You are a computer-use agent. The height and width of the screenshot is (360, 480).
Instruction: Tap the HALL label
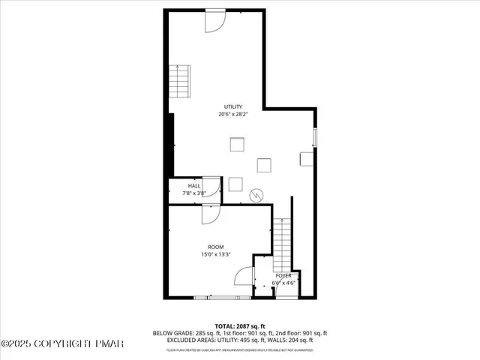tap(194, 185)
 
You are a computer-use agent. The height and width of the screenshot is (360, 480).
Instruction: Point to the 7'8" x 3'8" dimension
tap(194, 193)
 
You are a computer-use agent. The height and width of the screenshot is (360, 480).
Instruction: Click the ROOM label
tap(215, 247)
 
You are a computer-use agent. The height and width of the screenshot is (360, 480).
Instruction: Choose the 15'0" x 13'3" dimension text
tap(215, 254)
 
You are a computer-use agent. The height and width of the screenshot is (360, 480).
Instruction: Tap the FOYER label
tap(283, 276)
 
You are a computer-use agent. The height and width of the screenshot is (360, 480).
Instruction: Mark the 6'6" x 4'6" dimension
tap(283, 283)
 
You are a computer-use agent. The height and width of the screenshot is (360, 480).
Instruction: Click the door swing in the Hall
tap(213, 185)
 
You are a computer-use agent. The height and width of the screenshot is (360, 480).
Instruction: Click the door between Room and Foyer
tap(245, 278)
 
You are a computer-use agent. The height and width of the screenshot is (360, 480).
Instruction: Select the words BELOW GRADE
tap(169, 333)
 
